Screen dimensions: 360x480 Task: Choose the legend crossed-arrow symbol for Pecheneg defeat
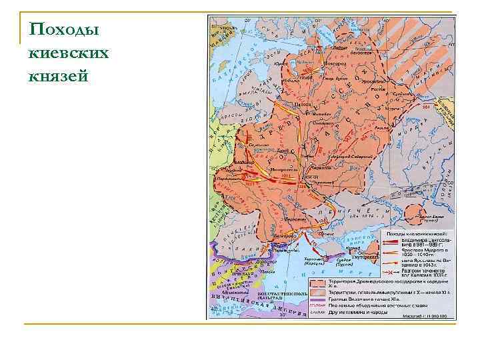(390, 271)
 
